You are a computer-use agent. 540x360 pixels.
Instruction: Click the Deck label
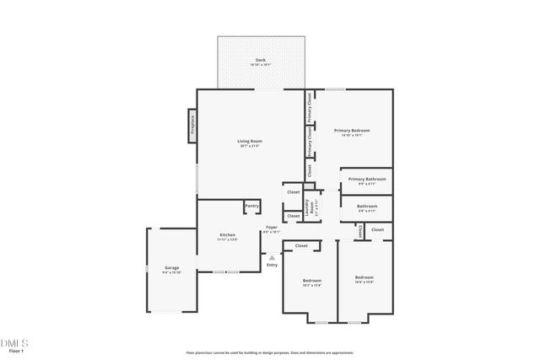click(x=261, y=59)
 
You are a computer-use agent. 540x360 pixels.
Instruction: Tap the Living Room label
click(x=250, y=141)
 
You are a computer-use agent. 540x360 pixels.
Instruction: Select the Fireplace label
click(x=192, y=126)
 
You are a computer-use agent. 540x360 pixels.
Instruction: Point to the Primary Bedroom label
click(x=352, y=131)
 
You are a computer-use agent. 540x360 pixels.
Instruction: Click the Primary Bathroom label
click(x=367, y=179)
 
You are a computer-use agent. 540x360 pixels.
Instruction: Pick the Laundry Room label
click(x=310, y=206)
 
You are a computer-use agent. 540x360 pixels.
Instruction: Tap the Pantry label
click(x=251, y=206)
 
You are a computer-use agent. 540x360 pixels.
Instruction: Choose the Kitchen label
click(x=227, y=235)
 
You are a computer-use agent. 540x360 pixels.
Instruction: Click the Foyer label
click(x=272, y=227)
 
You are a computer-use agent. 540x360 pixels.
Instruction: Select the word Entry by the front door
click(x=272, y=265)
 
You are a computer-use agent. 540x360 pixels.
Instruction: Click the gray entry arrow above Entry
click(x=272, y=256)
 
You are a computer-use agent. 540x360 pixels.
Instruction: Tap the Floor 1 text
click(x=14, y=352)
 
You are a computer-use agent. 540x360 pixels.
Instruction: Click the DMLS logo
click(x=14, y=343)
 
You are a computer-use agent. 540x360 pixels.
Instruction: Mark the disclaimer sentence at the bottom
click(x=269, y=352)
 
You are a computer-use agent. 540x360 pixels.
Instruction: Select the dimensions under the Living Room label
click(x=250, y=146)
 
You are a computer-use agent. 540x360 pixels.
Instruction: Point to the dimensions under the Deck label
click(x=261, y=64)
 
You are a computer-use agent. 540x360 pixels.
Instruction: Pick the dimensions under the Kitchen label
click(x=227, y=240)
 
